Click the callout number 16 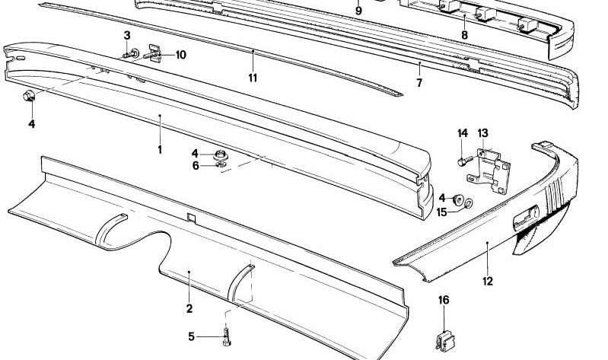pyautogui.click(x=444, y=301)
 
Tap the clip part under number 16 pyautogui.click(x=446, y=342)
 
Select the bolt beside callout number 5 pyautogui.click(x=227, y=336)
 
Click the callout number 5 pyautogui.click(x=191, y=336)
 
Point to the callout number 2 pyautogui.click(x=189, y=309)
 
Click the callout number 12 pyautogui.click(x=488, y=282)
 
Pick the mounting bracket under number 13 pyautogui.click(x=489, y=171)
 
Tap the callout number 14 pyautogui.click(x=463, y=133)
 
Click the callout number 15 pyautogui.click(x=441, y=212)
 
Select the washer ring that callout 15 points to pyautogui.click(x=469, y=203)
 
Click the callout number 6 pyautogui.click(x=196, y=166)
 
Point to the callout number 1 pyautogui.click(x=160, y=150)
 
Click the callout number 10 pyautogui.click(x=180, y=55)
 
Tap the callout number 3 pyautogui.click(x=127, y=36)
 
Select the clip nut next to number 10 pyautogui.click(x=154, y=54)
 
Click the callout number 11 pyautogui.click(x=253, y=78)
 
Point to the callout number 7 pyautogui.click(x=419, y=83)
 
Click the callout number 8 pyautogui.click(x=464, y=35)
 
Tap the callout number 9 pyautogui.click(x=358, y=11)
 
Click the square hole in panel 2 pyautogui.click(x=191, y=218)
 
